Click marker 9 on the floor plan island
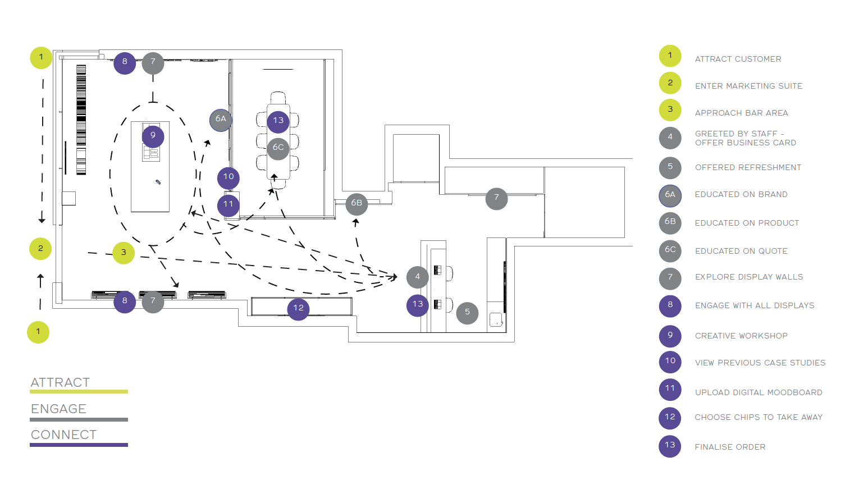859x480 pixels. [x=153, y=136]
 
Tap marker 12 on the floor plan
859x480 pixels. [x=298, y=309]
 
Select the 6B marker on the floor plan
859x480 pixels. [x=357, y=204]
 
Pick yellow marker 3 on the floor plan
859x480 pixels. [x=124, y=253]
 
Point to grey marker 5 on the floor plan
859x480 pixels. [x=467, y=313]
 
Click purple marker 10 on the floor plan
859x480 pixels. [x=229, y=178]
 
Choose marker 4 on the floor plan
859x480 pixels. [x=418, y=277]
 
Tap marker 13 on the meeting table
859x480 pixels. [x=278, y=122]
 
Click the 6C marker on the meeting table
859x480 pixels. [x=278, y=149]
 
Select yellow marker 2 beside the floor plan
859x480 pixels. [x=40, y=249]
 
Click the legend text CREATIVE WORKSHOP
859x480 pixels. [x=741, y=336]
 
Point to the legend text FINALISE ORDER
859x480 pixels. [x=730, y=447]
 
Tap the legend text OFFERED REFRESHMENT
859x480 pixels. [x=748, y=167]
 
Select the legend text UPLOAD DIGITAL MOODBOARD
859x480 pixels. [x=759, y=392]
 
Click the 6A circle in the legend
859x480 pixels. [x=670, y=196]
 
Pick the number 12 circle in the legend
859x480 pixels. [x=670, y=418]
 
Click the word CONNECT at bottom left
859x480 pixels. [x=63, y=435]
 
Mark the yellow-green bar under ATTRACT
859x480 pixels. [x=79, y=392]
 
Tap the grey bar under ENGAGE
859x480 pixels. [x=79, y=420]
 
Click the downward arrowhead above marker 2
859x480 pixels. [x=42, y=220]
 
